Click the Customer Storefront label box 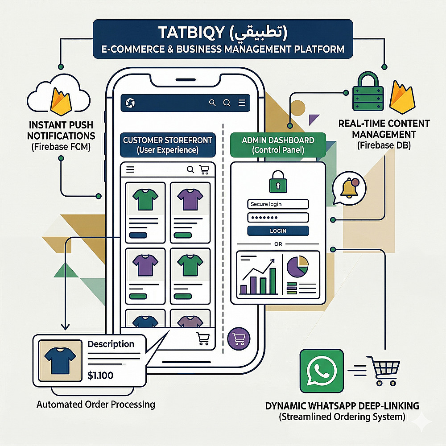tap(168, 145)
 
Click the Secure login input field tap(277, 204)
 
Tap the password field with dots tap(277, 218)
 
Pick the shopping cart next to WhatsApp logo tap(381, 371)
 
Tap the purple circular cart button tap(237, 339)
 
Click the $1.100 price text tap(100, 376)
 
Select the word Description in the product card tap(111, 344)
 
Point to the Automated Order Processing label tap(96, 405)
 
